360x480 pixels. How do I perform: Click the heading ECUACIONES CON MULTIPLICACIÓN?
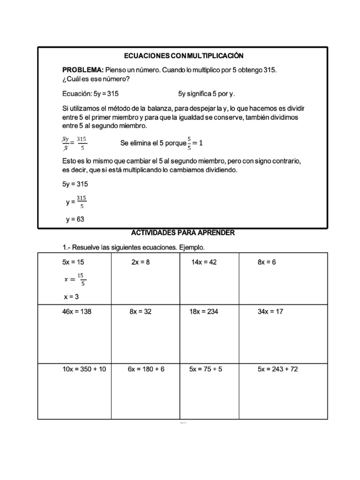tap(184, 56)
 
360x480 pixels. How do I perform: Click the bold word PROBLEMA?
tap(76, 69)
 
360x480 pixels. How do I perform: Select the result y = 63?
tap(75, 219)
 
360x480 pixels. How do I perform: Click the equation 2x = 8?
tap(140, 262)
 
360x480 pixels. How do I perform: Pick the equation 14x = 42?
tap(204, 262)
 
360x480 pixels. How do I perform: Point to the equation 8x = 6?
tap(267, 262)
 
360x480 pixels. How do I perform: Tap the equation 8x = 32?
tap(140, 312)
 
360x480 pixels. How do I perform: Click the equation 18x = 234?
tap(204, 312)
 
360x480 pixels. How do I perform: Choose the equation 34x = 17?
tap(270, 312)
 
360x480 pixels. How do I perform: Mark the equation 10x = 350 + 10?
tap(84, 369)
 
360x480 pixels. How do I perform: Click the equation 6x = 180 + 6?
tap(146, 369)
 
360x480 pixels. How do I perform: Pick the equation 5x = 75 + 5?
tap(206, 369)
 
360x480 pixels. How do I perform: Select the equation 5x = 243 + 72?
tap(277, 369)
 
